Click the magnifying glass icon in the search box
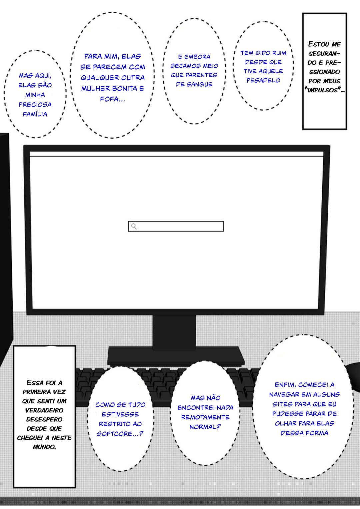(x=134, y=226)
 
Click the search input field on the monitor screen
(x=176, y=226)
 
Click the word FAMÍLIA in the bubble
(x=35, y=114)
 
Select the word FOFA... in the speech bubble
(x=113, y=99)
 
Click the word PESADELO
(x=263, y=80)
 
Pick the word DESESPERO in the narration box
(x=44, y=419)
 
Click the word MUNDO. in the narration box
(x=44, y=447)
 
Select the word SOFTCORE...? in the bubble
(x=120, y=434)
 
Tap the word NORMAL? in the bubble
(x=205, y=427)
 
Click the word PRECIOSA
(x=35, y=105)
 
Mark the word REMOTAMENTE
(x=205, y=417)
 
